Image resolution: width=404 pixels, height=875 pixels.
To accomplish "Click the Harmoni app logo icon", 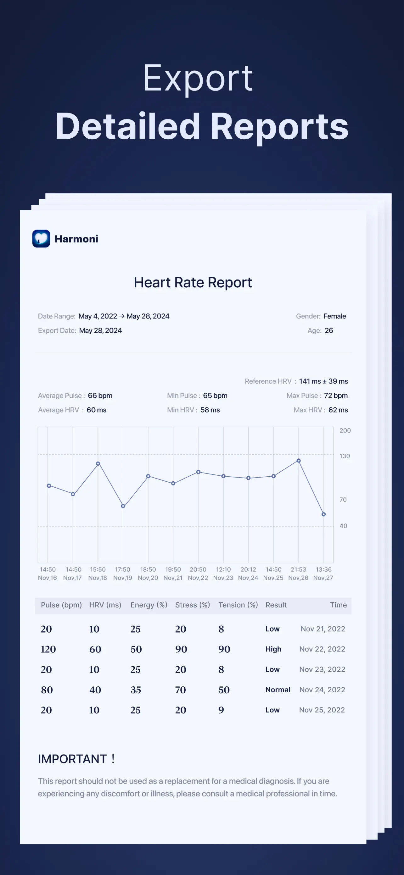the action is pos(41,238).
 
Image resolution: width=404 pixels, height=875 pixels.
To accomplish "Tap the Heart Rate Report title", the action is pos(193,283).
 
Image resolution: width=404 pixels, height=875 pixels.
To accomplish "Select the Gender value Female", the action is pos(335,316).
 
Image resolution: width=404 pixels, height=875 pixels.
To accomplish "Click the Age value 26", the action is pos(329,330).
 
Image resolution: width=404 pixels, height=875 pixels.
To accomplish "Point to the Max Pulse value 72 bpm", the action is pos(336,396).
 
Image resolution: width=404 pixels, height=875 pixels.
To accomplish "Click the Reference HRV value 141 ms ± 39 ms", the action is pos(323,381).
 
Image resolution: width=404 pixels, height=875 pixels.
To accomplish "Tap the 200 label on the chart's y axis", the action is pos(345,430).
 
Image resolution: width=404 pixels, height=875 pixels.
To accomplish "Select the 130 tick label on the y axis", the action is pos(345,456).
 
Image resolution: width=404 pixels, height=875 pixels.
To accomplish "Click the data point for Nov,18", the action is pos(98,464).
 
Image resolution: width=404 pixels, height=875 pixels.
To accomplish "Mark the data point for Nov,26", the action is pos(299,461).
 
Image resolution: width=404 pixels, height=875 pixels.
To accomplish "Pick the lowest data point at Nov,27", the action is pos(324,514).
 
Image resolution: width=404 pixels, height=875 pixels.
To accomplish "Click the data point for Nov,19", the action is pos(123,506).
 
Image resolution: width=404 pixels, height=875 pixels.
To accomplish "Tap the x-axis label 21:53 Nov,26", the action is pos(298,573).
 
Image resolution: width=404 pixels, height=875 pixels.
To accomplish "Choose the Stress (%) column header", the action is pos(193,605).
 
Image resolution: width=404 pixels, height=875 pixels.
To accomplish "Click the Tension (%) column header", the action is pos(238,605).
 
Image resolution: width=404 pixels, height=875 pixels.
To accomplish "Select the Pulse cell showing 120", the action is pos(48,649).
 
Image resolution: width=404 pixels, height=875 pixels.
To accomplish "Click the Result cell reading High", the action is pos(273,649).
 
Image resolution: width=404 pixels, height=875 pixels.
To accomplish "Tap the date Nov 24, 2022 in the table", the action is pos(322,689).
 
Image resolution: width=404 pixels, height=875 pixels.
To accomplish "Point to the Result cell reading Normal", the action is pos(278,689).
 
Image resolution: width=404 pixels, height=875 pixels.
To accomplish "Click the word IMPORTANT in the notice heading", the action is pos(72,759).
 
